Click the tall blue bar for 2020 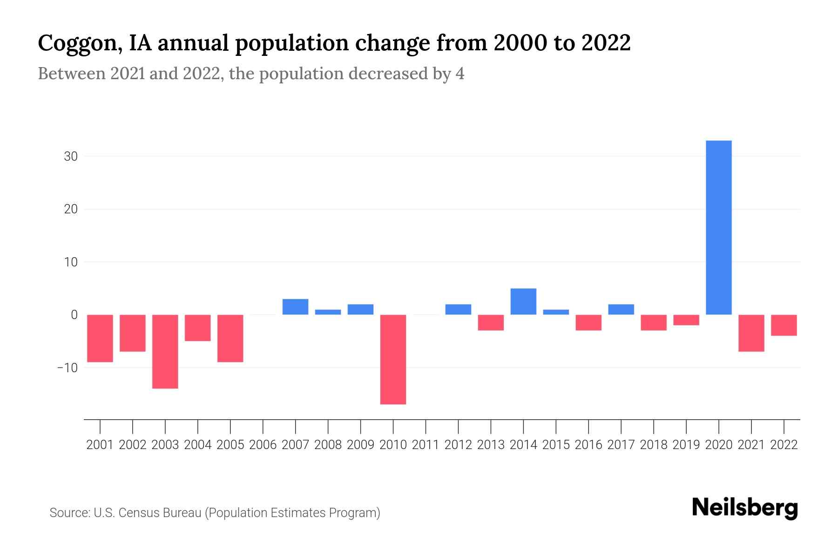coord(718,227)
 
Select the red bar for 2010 coord(393,359)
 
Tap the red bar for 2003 coord(165,351)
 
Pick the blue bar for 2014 coord(523,301)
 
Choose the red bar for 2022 coord(784,325)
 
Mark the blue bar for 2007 coord(295,307)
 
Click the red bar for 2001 coord(100,338)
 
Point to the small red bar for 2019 coord(686,320)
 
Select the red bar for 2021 coord(751,333)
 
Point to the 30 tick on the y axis coord(71,157)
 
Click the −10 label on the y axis coord(68,368)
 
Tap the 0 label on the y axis coord(74,315)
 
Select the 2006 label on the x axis coord(263,445)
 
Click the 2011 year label coord(426,445)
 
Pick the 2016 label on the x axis coord(588,445)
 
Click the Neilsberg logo coord(745,508)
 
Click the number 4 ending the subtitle coord(460,74)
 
